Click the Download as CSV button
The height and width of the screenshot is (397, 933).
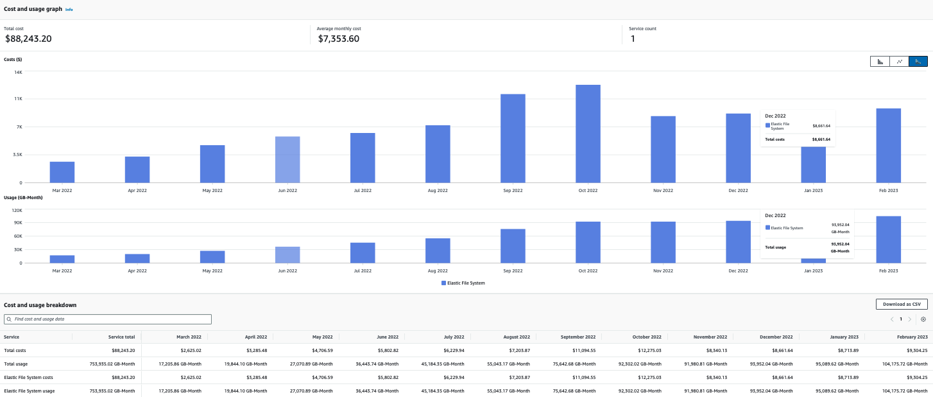pos(901,304)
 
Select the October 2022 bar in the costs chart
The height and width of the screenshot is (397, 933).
pos(588,134)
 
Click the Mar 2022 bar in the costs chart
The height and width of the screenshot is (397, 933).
pos(62,172)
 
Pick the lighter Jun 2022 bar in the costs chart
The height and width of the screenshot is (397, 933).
pos(287,159)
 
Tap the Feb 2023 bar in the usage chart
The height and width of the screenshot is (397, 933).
pos(889,240)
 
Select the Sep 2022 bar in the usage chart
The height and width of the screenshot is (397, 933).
pos(513,246)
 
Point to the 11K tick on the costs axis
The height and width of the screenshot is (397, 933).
pos(19,99)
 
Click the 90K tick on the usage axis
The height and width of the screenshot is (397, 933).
pos(18,222)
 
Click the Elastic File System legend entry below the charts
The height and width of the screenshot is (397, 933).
pos(463,283)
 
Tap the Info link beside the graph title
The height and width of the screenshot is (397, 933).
pos(69,10)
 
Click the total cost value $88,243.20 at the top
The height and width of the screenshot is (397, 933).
pos(28,39)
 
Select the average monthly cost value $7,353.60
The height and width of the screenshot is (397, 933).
pos(338,39)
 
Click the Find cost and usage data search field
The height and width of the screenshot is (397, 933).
pos(108,319)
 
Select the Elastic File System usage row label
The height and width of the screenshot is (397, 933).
pos(29,391)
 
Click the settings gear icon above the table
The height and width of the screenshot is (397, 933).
pos(923,319)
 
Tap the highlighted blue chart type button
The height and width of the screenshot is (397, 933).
pos(918,61)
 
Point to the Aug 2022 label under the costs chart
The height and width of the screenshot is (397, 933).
pos(438,191)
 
